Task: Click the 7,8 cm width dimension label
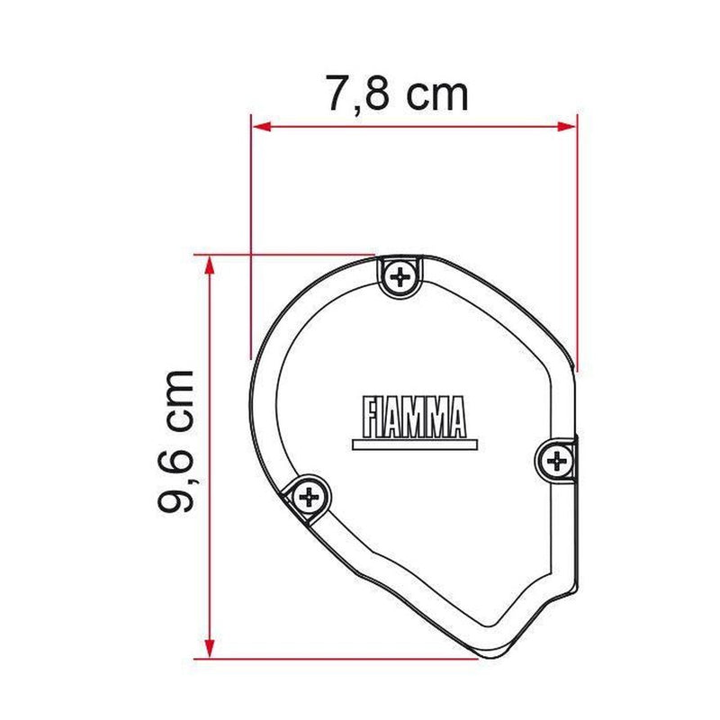coord(397,94)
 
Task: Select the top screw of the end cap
coord(400,276)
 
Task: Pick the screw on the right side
coord(556,461)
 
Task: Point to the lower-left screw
coord(309,497)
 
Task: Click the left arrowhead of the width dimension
coord(262,126)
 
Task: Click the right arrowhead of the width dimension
coord(566,126)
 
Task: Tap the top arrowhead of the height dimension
coord(210,265)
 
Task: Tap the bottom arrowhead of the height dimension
coord(210,647)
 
